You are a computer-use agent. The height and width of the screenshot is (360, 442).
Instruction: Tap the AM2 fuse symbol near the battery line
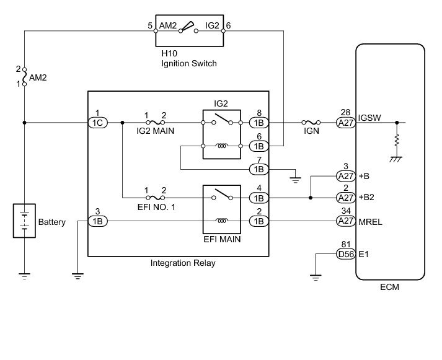pyautogui.click(x=25, y=77)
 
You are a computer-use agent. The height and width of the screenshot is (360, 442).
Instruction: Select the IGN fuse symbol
pyautogui.click(x=311, y=122)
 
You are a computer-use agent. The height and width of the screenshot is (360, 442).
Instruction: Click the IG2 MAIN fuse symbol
pyautogui.click(x=156, y=122)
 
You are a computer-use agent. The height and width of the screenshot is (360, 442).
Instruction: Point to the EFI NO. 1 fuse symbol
pyautogui.click(x=156, y=198)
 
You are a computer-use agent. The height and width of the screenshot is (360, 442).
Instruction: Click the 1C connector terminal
pyautogui.click(x=98, y=123)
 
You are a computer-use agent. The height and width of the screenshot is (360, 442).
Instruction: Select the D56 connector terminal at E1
pyautogui.click(x=346, y=254)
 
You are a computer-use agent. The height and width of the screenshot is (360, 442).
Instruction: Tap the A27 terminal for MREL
pyautogui.click(x=346, y=221)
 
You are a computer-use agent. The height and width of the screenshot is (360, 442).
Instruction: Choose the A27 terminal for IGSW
pyautogui.click(x=346, y=123)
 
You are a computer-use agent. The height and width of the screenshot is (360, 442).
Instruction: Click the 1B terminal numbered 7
pyautogui.click(x=259, y=169)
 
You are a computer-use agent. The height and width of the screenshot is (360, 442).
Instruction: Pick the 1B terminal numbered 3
pyautogui.click(x=98, y=221)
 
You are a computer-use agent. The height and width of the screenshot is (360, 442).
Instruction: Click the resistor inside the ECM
pyautogui.click(x=397, y=140)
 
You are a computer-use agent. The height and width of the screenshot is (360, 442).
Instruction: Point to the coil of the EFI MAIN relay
pyautogui.click(x=222, y=221)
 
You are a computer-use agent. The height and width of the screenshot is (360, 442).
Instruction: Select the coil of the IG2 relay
pyautogui.click(x=222, y=146)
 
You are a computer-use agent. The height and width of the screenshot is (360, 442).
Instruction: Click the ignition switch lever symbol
pyautogui.click(x=188, y=27)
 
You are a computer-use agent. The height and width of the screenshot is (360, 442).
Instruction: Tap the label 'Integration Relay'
pyautogui.click(x=183, y=263)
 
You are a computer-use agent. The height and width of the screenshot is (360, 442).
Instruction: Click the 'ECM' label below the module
pyautogui.click(x=389, y=287)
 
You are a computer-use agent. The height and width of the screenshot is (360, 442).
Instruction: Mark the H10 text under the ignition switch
pyautogui.click(x=169, y=53)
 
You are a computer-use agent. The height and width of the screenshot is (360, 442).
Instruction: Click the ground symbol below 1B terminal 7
pyautogui.click(x=295, y=180)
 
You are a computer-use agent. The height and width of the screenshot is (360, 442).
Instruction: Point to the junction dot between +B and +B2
pyautogui.click(x=311, y=198)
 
